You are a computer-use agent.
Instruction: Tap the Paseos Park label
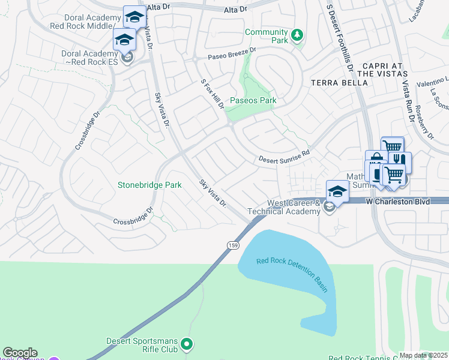pos(253,101)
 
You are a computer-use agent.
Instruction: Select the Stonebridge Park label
pos(149,185)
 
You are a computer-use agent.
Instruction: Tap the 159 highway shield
pos(234,245)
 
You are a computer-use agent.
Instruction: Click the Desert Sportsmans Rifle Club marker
pos(187,344)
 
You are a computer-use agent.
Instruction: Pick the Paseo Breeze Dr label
pos(232,54)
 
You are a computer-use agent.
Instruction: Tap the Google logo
pos(20,353)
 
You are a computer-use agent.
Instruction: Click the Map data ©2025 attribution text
pos(423,355)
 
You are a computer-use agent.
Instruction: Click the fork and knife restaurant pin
pos(399,160)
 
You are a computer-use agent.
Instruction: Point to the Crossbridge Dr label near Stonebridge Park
pos(134,217)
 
